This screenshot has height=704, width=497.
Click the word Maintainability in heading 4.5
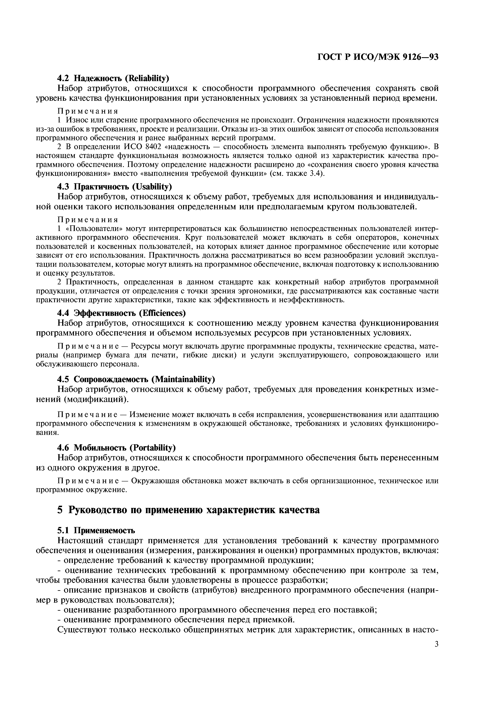[x=183, y=379]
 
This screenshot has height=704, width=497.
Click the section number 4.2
[x=64, y=78]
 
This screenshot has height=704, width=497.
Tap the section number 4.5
[x=64, y=379]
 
